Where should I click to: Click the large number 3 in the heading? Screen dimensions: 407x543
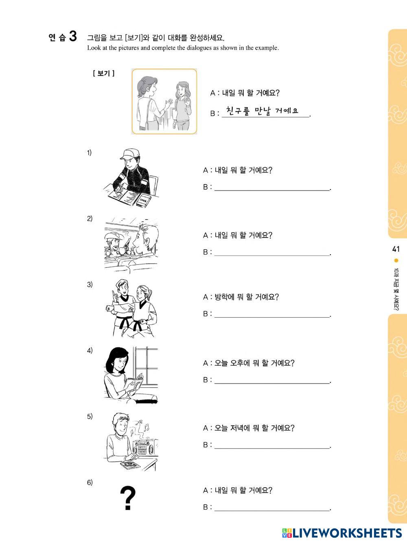pyautogui.click(x=73, y=36)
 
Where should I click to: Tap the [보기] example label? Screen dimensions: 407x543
pyautogui.click(x=104, y=73)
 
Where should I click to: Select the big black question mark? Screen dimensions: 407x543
pyautogui.click(x=128, y=498)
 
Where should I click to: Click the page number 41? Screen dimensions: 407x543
pyautogui.click(x=396, y=249)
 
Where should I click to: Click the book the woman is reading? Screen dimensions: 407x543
pyautogui.click(x=135, y=382)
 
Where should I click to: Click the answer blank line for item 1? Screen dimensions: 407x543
pyautogui.click(x=272, y=190)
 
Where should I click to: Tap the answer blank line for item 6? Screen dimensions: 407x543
pyautogui.click(x=272, y=510)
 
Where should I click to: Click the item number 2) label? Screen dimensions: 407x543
pyautogui.click(x=90, y=219)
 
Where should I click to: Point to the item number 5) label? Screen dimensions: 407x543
pyautogui.click(x=90, y=417)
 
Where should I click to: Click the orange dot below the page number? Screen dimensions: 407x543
pyautogui.click(x=396, y=260)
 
